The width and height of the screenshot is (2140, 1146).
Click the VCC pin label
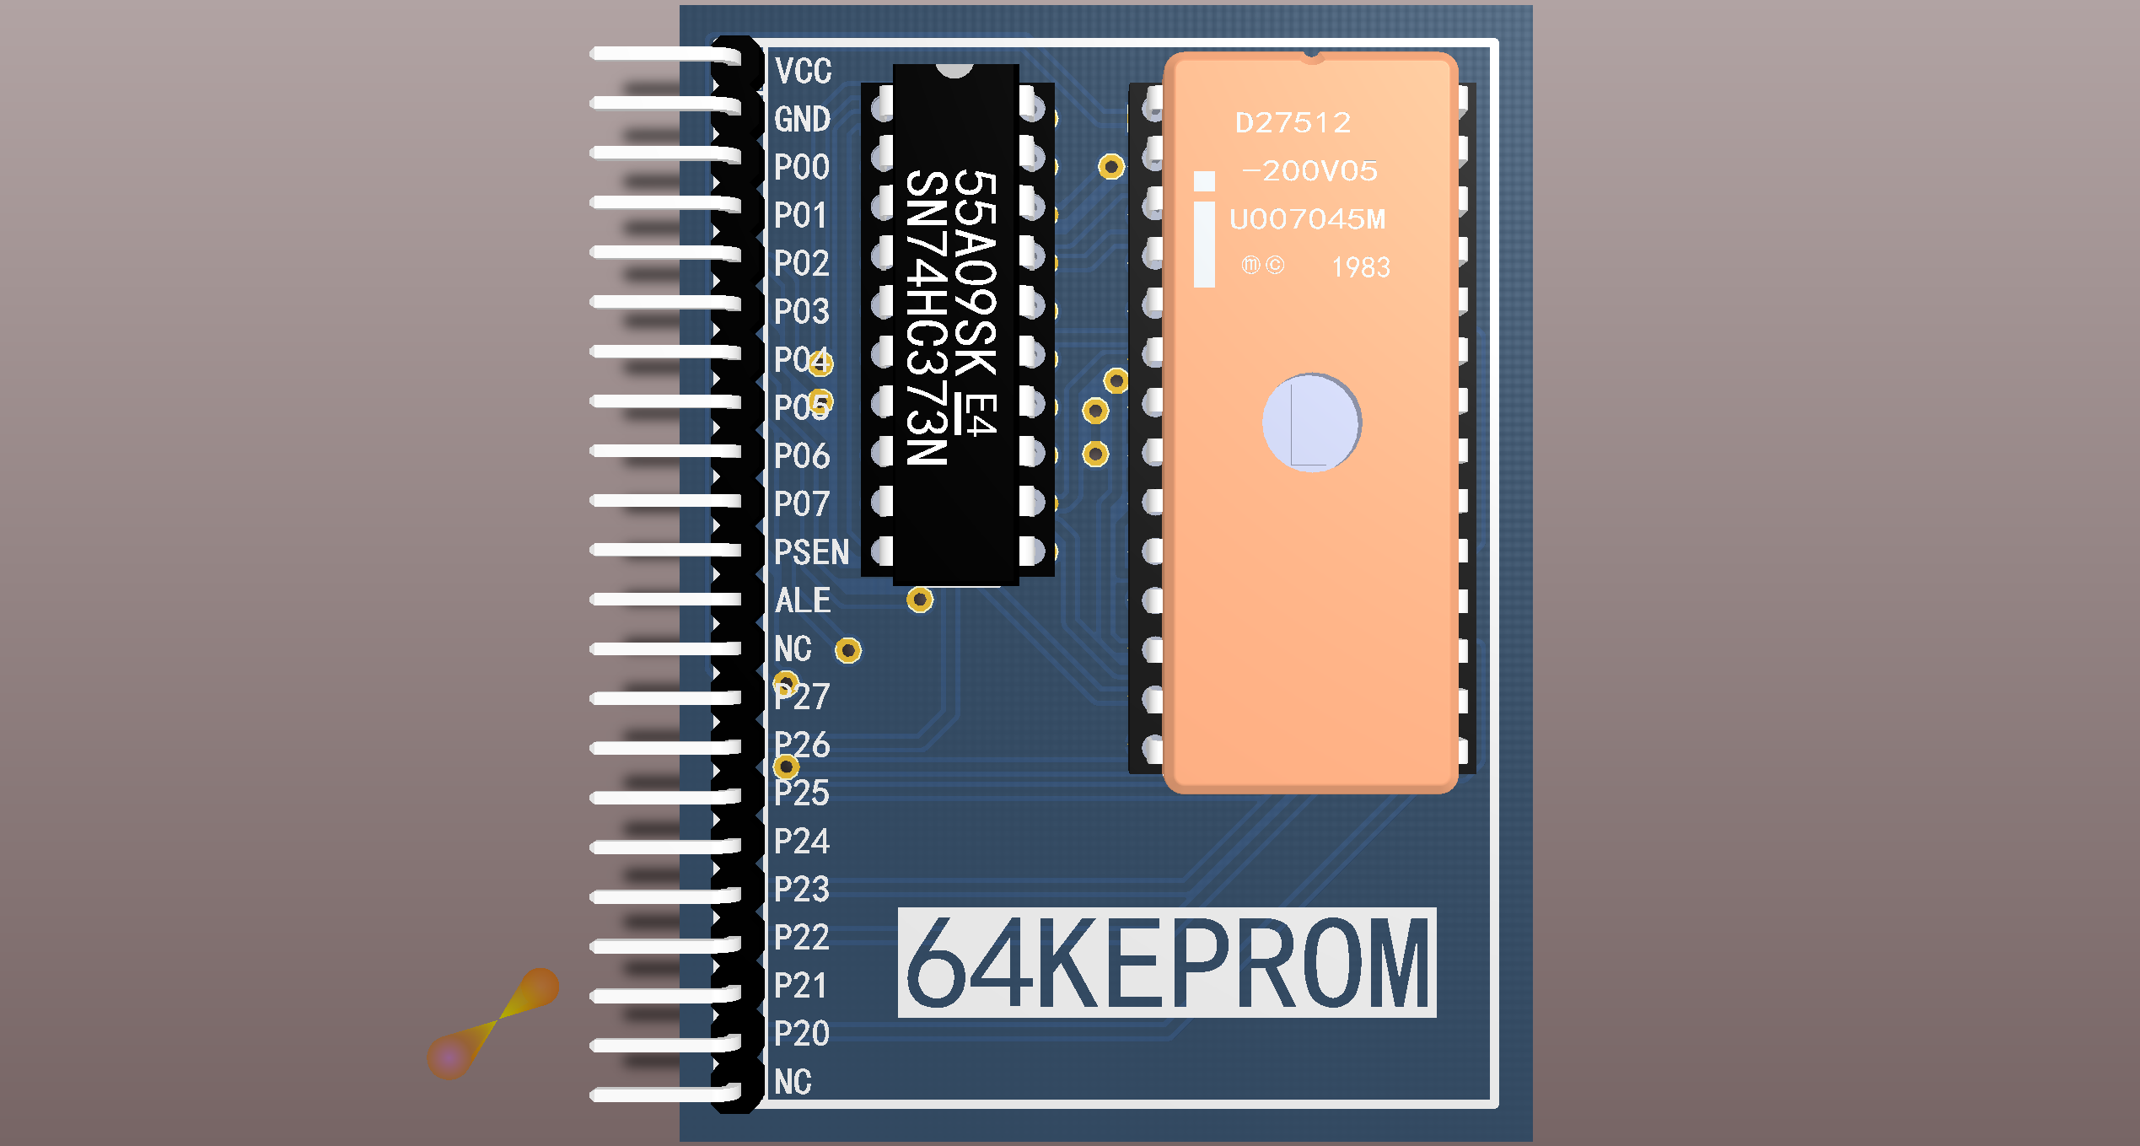(x=803, y=71)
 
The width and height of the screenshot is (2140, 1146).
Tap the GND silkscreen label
(x=802, y=119)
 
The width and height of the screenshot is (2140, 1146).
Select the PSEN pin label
(x=811, y=552)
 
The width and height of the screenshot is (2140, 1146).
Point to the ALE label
(x=802, y=600)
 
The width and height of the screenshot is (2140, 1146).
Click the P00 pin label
(x=801, y=167)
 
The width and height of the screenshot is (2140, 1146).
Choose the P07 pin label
(x=801, y=504)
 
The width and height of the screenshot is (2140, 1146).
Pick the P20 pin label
(x=801, y=1033)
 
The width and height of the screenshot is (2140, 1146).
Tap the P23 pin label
(x=801, y=889)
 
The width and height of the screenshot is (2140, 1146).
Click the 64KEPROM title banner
(x=1166, y=962)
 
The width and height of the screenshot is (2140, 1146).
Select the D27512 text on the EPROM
(x=1293, y=123)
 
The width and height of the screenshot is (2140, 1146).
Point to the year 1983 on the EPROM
(x=1360, y=267)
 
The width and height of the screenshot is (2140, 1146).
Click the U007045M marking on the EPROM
(x=1307, y=219)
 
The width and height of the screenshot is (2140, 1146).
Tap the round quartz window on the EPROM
(x=1311, y=422)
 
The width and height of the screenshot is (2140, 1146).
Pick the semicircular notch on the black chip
(x=954, y=70)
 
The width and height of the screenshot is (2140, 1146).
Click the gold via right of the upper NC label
(x=848, y=650)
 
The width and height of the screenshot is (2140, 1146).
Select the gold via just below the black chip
(x=920, y=600)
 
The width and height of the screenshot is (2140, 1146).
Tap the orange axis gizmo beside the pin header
(x=493, y=1022)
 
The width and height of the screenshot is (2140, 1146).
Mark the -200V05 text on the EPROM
(x=1309, y=171)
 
